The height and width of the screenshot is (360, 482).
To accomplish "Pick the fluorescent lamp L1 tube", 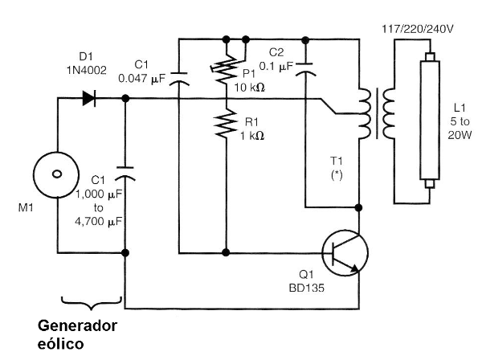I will (x=431, y=121).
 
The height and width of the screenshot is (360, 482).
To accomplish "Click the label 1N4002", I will (x=85, y=70).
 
